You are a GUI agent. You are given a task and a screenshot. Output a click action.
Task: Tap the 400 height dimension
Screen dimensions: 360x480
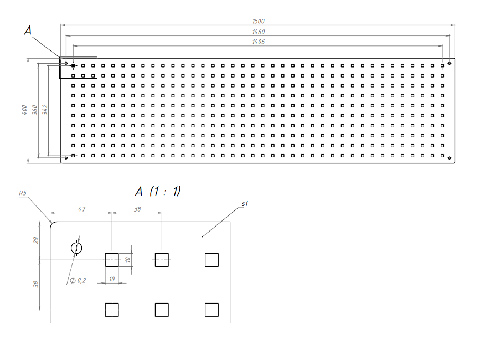(x=24, y=111)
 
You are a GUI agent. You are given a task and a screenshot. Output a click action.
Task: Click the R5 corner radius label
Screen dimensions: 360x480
(x=23, y=193)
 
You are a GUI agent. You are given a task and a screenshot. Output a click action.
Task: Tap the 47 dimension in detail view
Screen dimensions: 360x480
(x=81, y=209)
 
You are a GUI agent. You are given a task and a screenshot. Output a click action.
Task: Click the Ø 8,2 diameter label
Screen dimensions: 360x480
(x=78, y=281)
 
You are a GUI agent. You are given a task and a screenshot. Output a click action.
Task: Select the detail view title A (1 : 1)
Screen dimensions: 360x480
(x=158, y=192)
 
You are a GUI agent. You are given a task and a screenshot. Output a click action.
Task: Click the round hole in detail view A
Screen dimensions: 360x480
(x=76, y=248)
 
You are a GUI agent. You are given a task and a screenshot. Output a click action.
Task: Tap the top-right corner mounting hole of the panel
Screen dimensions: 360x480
(x=450, y=63)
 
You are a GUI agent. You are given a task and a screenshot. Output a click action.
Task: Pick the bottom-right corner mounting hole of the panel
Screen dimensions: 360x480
(x=450, y=158)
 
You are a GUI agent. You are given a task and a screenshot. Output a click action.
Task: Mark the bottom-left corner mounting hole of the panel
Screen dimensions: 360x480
(x=66, y=158)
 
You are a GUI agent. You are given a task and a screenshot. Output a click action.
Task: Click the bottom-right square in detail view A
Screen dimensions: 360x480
(x=211, y=310)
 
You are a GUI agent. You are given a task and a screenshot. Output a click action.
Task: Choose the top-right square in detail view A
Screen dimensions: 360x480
(x=211, y=259)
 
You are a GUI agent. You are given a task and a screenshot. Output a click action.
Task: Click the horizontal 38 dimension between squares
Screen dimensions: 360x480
(x=137, y=209)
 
